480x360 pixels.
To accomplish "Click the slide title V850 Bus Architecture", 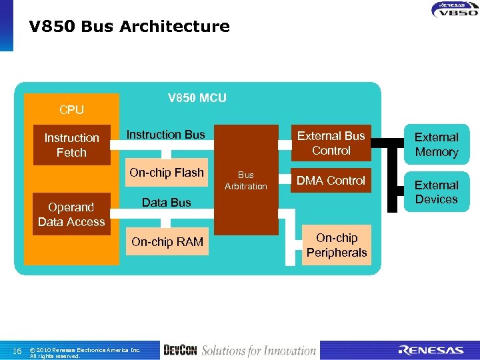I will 129,27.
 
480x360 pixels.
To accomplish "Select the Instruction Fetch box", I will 71,145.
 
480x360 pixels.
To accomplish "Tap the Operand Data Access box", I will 71,215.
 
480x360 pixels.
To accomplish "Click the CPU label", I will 71,110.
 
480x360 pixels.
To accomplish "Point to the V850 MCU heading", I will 197,99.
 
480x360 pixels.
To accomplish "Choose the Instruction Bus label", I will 166,135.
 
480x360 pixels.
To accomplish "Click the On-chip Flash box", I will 167,173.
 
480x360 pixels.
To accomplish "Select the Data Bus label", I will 167,203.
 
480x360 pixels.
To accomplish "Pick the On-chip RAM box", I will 167,242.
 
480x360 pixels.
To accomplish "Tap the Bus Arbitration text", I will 245,181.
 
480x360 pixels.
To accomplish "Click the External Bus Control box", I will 331,143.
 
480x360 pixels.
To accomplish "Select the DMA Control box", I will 331,181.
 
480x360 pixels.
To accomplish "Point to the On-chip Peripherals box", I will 337,245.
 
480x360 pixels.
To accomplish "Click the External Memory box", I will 437,145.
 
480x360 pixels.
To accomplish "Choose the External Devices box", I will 437,192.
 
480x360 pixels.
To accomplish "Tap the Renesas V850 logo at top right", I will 454,9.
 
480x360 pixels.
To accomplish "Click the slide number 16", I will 18,351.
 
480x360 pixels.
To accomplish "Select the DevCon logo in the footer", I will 179,351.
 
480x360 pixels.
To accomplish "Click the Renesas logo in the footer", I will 431,351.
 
